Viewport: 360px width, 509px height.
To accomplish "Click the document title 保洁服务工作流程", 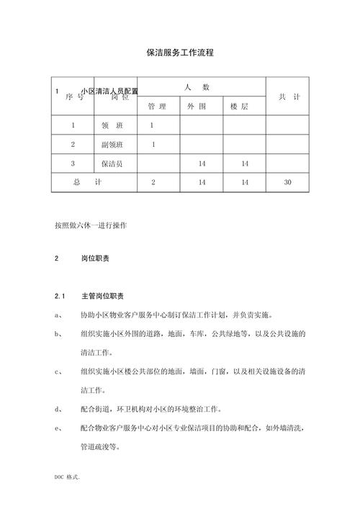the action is (x=180, y=53).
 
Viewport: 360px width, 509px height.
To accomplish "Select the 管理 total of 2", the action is (x=153, y=183).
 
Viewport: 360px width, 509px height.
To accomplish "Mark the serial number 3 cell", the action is (x=73, y=164).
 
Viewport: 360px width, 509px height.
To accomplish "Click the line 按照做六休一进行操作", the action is (x=91, y=225).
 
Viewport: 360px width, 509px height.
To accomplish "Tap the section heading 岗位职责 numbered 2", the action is (x=95, y=258).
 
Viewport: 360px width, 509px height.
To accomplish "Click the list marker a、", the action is (x=58, y=315).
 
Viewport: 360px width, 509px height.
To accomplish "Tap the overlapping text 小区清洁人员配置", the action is (x=109, y=91).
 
